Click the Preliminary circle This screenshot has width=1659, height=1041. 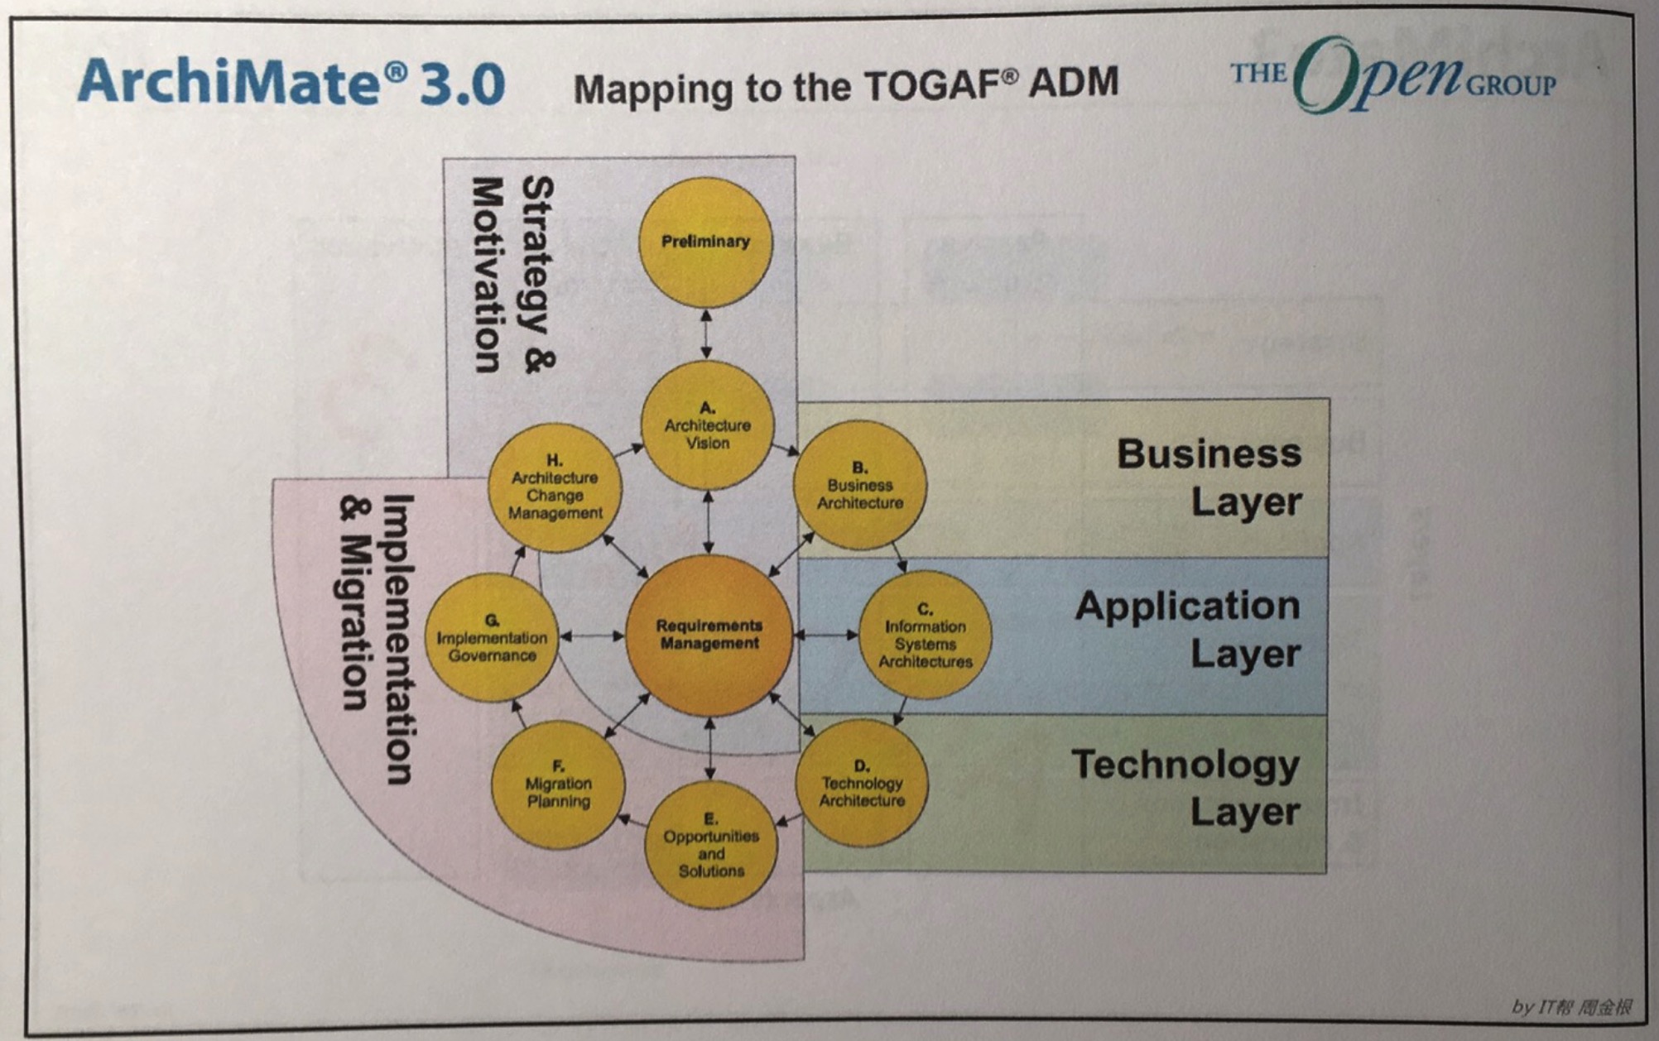coord(706,242)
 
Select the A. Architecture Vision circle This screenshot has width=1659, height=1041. coord(708,425)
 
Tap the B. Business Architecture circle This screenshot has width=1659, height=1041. coord(860,486)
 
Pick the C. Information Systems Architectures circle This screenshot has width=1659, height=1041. coord(925,635)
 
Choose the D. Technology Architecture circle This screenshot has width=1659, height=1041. coord(862,783)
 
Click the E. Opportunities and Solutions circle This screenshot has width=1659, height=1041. coord(711,845)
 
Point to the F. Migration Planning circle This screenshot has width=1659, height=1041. coord(558,784)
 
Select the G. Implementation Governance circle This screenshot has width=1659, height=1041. coord(493,637)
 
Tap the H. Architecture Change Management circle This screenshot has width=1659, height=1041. coord(555,487)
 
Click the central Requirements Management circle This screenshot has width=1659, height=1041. coord(709,635)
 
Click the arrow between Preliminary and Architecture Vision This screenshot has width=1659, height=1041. coord(706,334)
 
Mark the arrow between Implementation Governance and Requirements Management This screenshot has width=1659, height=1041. coord(593,636)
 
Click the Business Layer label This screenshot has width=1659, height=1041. coord(1209,477)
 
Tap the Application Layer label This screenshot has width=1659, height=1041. coord(1188,629)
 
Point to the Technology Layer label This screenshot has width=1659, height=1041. coord(1185,787)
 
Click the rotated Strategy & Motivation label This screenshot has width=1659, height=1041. coord(513,275)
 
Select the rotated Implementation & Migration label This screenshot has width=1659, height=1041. coord(377,639)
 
